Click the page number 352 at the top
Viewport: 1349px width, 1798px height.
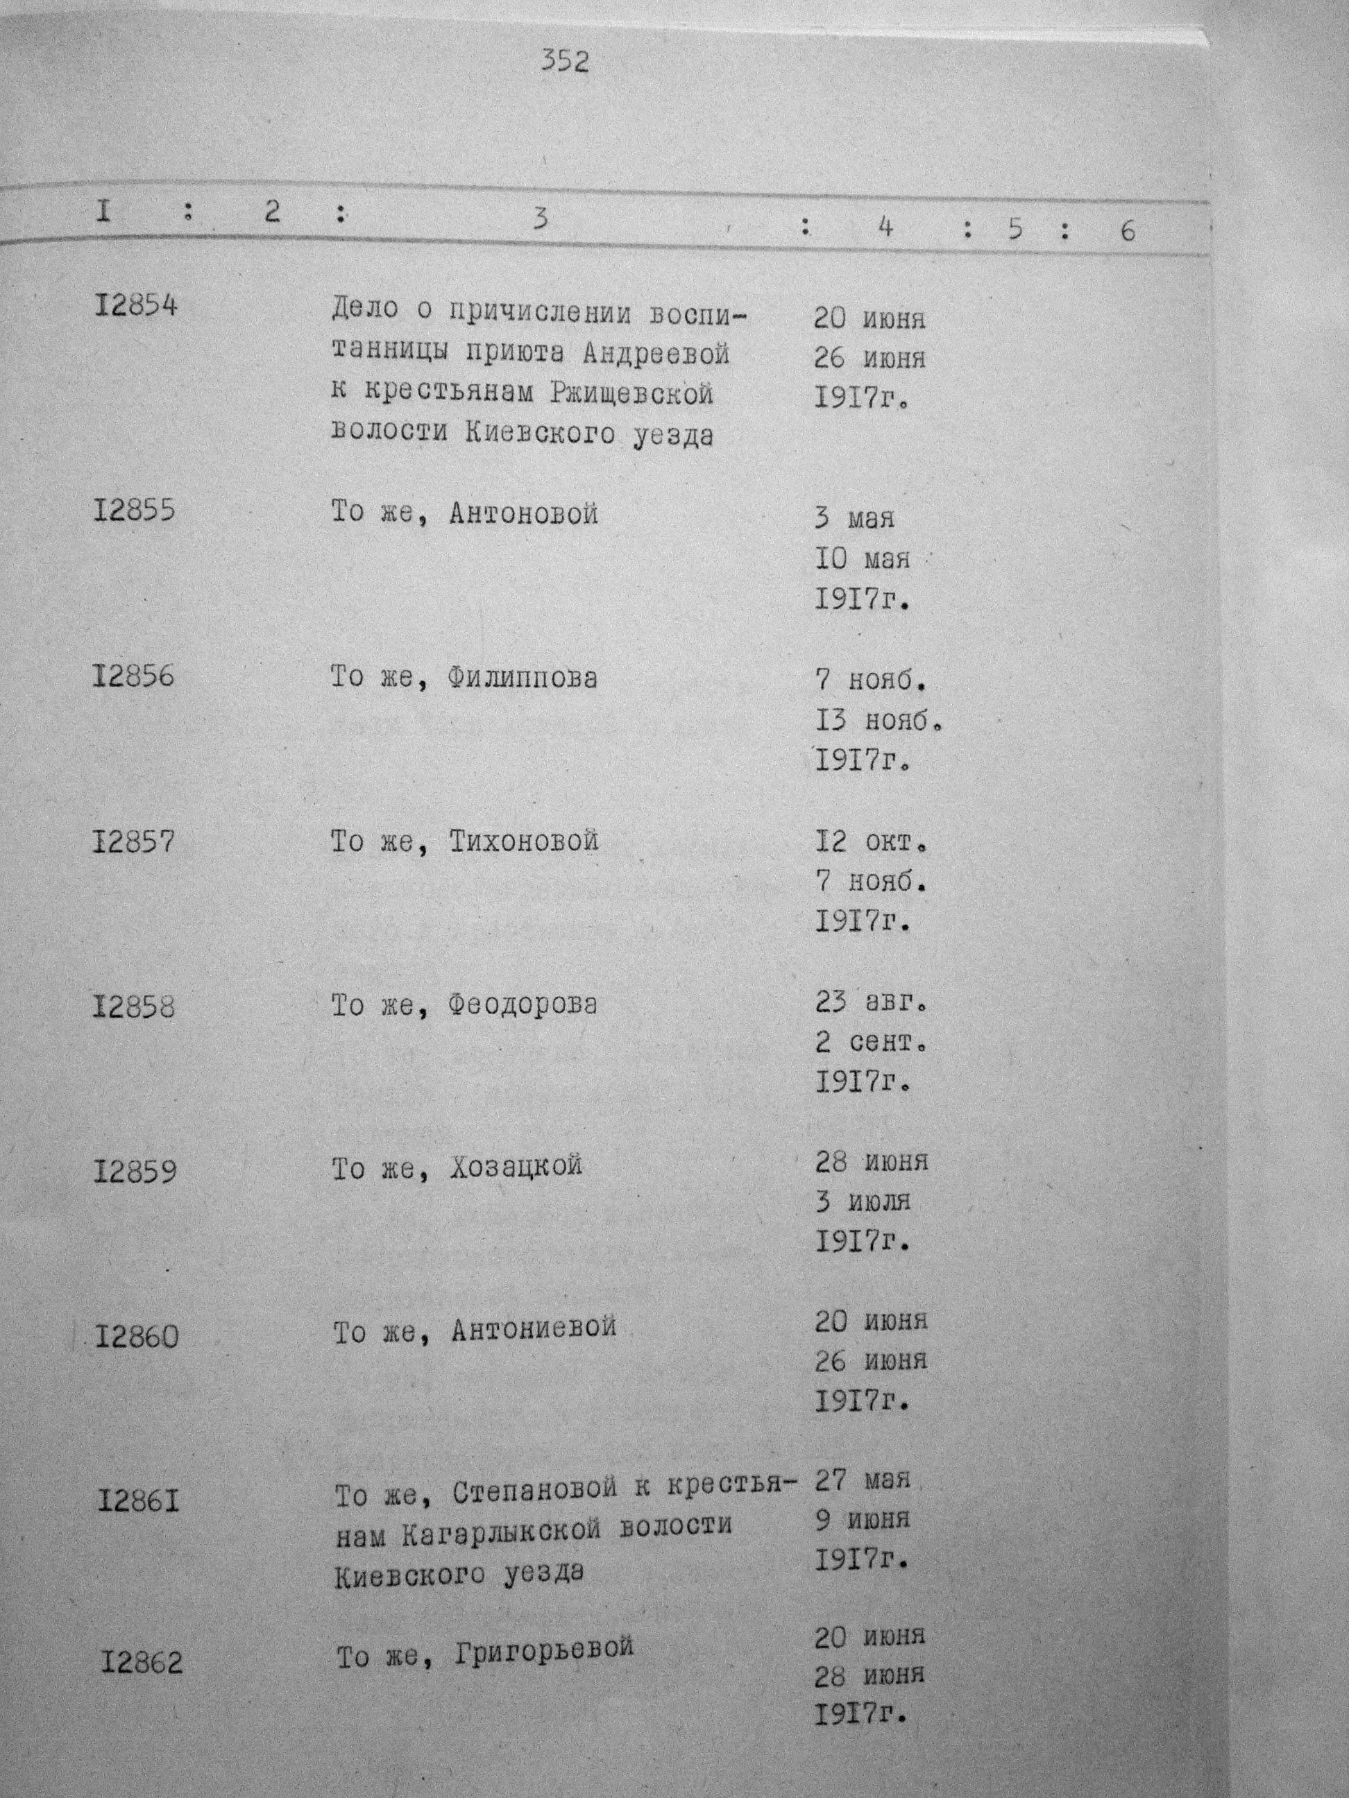tap(565, 62)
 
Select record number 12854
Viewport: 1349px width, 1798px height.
tap(135, 307)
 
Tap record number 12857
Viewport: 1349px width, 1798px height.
tap(133, 841)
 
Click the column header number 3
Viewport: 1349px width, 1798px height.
tap(540, 218)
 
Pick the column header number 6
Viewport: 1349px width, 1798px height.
tap(1126, 231)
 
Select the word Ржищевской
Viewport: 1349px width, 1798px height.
tap(631, 393)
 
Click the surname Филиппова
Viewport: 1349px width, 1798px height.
tap(522, 677)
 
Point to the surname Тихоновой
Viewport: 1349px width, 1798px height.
tap(524, 841)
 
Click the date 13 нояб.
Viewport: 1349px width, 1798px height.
tap(879, 720)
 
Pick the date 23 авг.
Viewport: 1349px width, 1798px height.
tap(871, 1003)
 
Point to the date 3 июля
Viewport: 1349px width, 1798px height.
tap(863, 1202)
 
